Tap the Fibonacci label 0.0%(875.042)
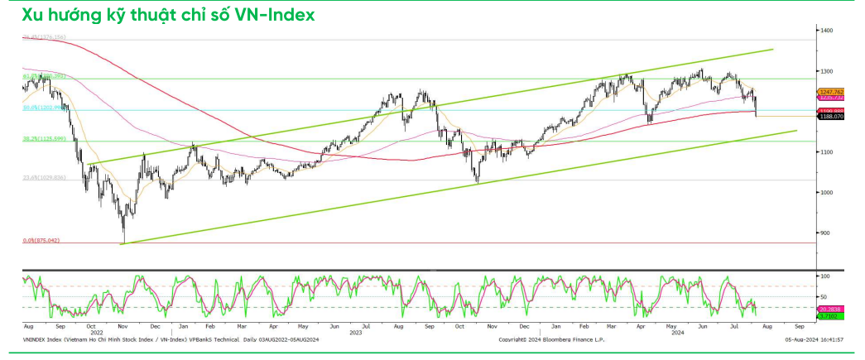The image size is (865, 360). (x=42, y=240)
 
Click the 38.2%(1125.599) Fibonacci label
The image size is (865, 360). (x=44, y=139)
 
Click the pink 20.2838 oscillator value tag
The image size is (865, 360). (x=829, y=309)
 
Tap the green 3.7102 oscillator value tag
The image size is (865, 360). (x=828, y=316)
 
